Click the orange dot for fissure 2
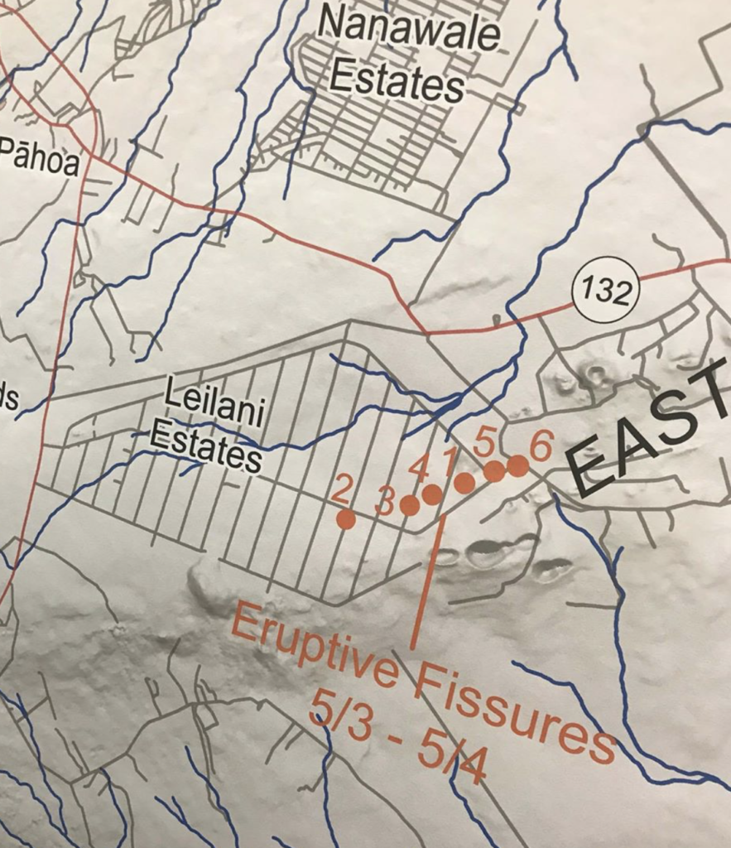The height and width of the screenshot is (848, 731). tap(346, 519)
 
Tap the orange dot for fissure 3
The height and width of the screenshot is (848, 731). tap(409, 505)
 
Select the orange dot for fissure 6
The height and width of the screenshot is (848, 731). tap(517, 466)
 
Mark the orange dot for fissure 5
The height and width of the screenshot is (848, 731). tap(494, 471)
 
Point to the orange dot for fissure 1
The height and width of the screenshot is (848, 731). tap(464, 483)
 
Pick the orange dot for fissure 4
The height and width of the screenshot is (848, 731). tap(431, 494)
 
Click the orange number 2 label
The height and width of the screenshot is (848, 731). tap(340, 491)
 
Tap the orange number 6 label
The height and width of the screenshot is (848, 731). tap(540, 447)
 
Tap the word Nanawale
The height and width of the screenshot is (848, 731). tap(409, 31)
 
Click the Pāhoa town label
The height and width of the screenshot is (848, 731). tap(40, 158)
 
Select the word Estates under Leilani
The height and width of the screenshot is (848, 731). tap(207, 448)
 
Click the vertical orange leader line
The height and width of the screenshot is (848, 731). tap(429, 580)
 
